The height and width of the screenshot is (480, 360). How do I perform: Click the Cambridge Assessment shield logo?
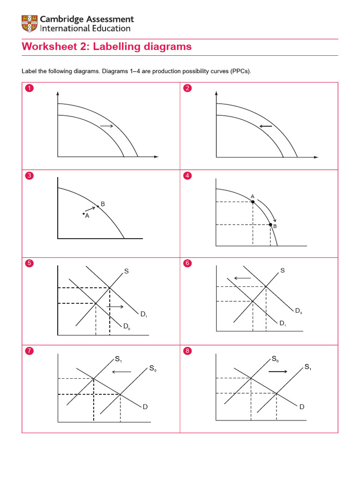click(29, 24)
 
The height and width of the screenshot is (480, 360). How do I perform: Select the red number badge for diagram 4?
click(188, 176)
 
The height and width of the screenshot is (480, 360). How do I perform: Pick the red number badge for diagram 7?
click(30, 352)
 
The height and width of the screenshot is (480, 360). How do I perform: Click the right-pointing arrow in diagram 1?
click(106, 127)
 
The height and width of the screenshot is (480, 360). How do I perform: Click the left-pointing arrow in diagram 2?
click(266, 127)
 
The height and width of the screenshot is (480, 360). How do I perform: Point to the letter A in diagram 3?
click(87, 216)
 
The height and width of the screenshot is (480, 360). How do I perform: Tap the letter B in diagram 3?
click(103, 204)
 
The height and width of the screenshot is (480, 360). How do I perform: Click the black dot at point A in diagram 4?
click(253, 202)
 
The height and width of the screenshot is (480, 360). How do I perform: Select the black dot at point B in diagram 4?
click(270, 225)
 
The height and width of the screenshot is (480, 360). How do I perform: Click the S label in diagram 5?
click(126, 271)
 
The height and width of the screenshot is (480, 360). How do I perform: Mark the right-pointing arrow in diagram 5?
click(115, 307)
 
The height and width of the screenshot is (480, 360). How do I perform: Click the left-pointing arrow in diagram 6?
click(242, 278)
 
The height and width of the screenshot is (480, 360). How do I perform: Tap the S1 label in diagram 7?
click(118, 360)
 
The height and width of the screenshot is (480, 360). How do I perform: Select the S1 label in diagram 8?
click(307, 367)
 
